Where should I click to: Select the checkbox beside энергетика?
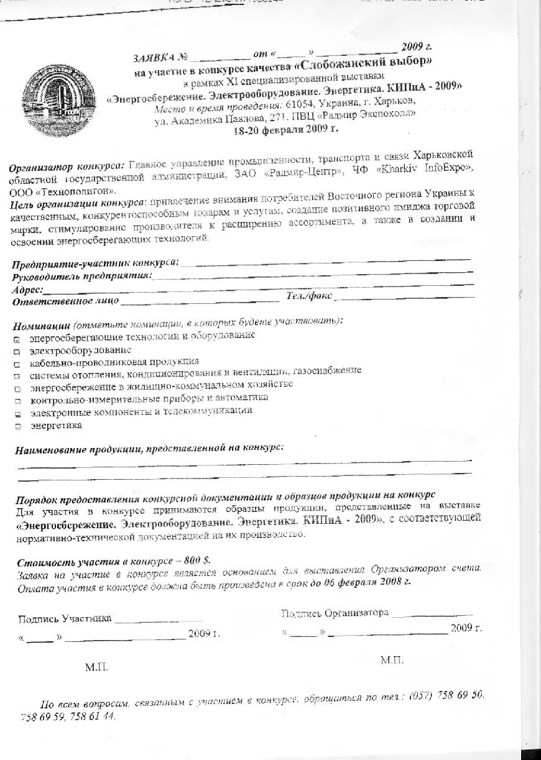click(17, 427)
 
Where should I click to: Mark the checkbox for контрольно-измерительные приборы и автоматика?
click(17, 401)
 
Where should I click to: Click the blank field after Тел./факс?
click(404, 297)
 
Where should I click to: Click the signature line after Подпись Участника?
click(158, 620)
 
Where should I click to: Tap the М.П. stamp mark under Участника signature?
click(97, 668)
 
